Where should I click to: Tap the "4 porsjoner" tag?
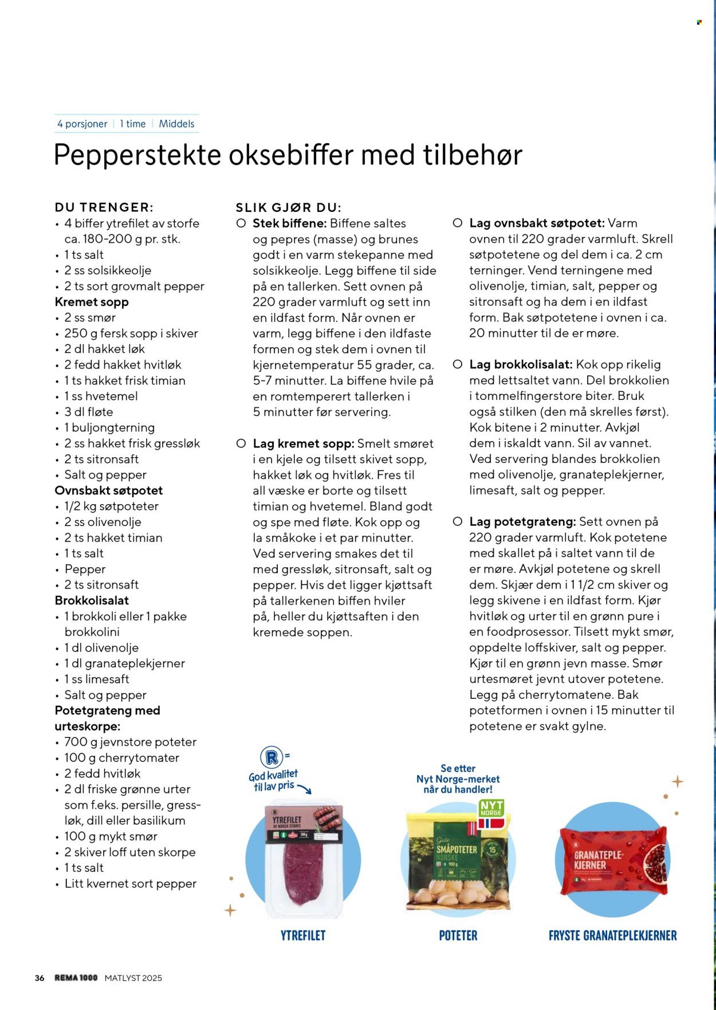point(82,124)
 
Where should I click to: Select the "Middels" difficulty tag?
point(176,124)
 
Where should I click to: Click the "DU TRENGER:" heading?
point(104,207)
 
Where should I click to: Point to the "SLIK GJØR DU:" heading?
point(289,207)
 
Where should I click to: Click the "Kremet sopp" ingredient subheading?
point(92,302)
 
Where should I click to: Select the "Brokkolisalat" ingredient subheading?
point(92,600)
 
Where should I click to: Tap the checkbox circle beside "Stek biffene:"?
point(241,223)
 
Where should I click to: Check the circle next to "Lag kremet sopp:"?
point(241,443)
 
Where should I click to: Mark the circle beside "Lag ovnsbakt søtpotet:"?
point(458,223)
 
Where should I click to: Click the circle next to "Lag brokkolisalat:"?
point(458,364)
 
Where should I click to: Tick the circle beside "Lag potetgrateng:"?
point(458,522)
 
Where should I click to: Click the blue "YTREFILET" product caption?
point(303,936)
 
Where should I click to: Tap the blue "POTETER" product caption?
point(458,936)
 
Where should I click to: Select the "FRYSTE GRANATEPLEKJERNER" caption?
point(612,936)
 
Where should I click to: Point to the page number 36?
point(40,978)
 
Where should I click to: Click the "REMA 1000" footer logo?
point(76,978)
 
